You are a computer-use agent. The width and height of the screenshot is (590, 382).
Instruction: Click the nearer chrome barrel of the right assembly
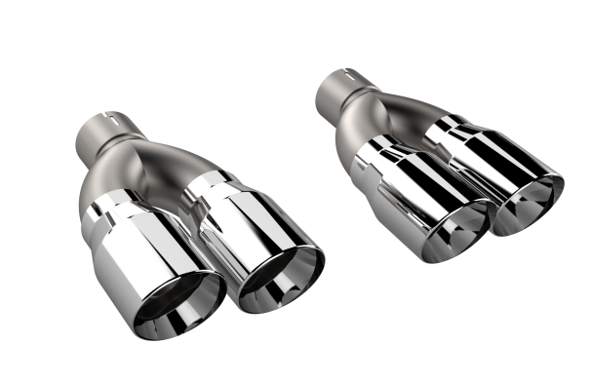coord(410,190)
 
